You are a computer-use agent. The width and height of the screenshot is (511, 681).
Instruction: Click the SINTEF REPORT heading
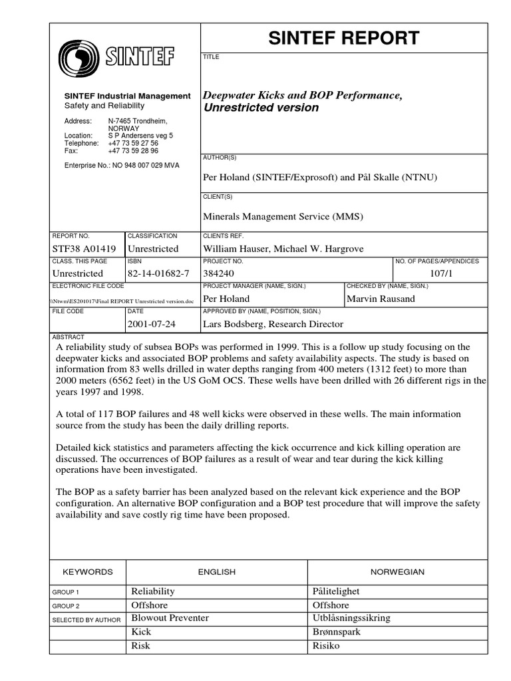pos(344,39)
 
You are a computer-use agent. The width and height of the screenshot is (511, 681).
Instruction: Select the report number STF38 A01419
pos(84,249)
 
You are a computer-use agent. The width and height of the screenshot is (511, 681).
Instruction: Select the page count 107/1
pos(440,273)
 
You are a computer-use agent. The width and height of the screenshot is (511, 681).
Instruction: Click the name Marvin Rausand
pos(381,299)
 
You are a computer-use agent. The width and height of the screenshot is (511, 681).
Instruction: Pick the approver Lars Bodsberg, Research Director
pos(273,324)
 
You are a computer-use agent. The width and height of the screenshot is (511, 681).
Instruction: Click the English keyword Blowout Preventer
pos(170,618)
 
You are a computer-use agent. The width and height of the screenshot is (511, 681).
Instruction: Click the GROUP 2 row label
pos(65,606)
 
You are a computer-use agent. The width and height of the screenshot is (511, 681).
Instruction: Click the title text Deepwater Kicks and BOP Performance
pos(303,96)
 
